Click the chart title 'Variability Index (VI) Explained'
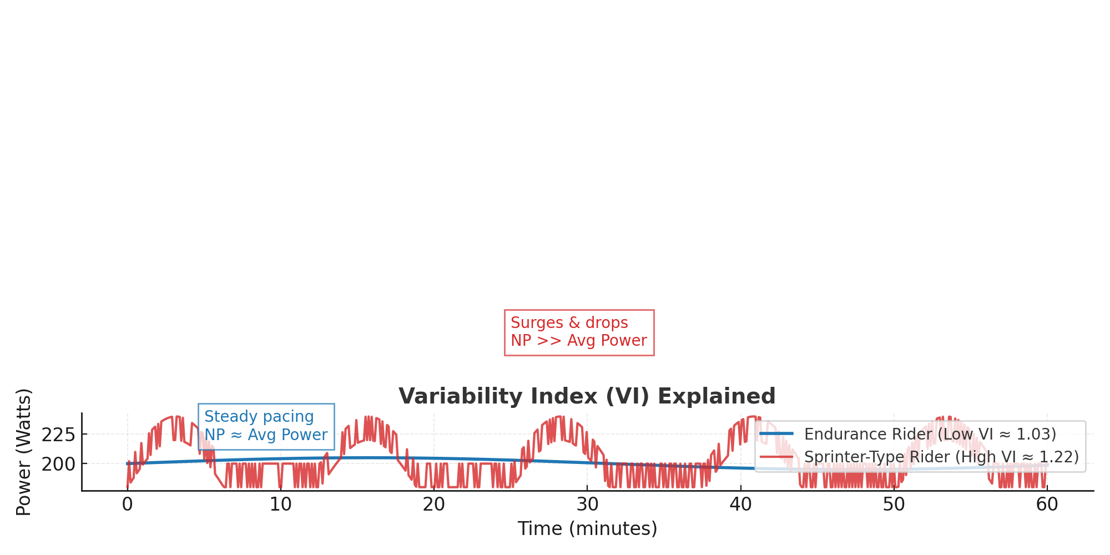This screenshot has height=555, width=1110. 587,396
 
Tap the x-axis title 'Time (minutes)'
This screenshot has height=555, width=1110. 587,528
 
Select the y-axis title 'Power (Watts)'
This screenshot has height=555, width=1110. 23,452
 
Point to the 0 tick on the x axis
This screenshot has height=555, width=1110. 128,504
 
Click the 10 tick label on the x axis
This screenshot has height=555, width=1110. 281,504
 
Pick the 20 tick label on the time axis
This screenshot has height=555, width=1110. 434,504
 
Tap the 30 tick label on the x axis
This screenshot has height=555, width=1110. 587,504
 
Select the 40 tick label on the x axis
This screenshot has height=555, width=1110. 740,504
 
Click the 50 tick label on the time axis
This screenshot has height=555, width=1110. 894,504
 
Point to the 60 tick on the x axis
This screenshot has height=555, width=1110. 1047,504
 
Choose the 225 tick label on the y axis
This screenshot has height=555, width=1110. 58,435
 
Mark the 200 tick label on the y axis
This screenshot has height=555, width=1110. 58,464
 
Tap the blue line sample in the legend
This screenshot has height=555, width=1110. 776,433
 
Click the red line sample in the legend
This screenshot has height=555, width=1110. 776,457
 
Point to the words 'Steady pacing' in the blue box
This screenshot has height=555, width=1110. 259,416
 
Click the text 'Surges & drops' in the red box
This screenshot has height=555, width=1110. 569,322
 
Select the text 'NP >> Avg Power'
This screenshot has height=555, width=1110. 579,340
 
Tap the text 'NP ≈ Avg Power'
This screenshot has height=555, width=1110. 266,435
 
